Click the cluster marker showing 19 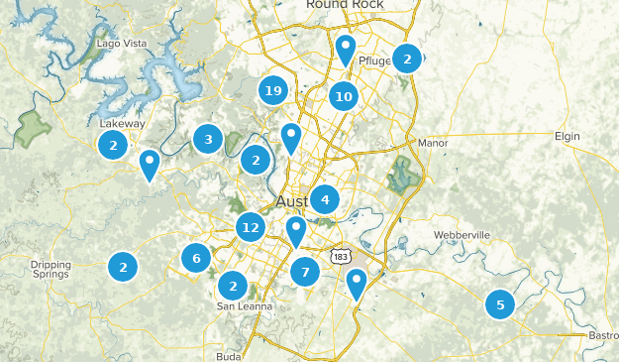273,91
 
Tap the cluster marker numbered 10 344,96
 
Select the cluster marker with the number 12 250,228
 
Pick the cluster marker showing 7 305,272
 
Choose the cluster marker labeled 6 196,259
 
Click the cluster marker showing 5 500,304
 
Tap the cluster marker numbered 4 324,199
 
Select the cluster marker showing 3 208,139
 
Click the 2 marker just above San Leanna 233,286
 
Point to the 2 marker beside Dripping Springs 123,266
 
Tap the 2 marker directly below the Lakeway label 114,146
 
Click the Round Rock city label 344,5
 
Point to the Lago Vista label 122,44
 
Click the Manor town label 433,143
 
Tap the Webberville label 462,235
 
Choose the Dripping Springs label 51,270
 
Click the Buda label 229,355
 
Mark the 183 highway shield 341,255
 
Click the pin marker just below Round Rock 345,48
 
